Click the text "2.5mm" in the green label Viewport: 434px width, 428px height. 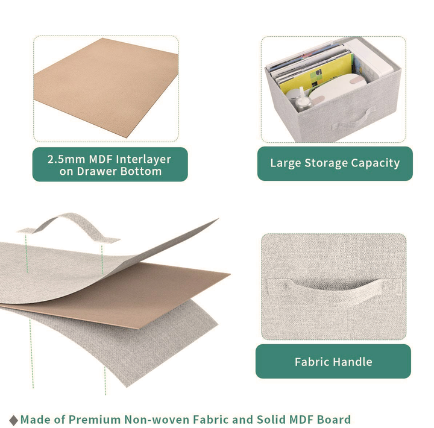[x=66, y=159]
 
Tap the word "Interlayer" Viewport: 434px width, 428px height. [x=143, y=159]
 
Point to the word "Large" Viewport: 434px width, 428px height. [x=286, y=163]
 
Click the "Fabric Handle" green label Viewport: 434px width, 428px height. [x=333, y=361]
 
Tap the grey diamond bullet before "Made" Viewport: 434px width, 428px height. [x=13, y=420]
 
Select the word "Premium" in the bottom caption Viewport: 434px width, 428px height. [x=95, y=420]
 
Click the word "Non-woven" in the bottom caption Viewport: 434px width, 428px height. [x=156, y=420]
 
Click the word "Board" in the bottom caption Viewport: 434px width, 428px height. [x=334, y=420]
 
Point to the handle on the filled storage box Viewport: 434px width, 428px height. [x=351, y=119]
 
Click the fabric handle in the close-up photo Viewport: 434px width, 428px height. [x=333, y=290]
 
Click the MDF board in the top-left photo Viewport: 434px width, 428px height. [x=105, y=86]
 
